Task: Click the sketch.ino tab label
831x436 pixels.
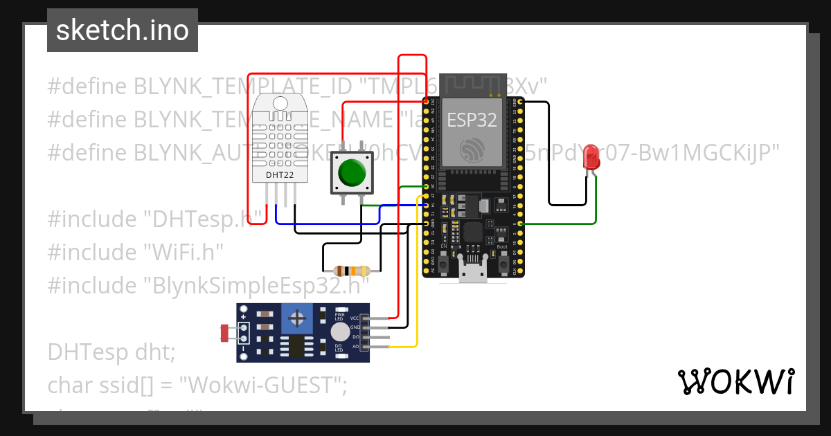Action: pos(122,30)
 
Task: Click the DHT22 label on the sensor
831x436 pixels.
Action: pos(279,176)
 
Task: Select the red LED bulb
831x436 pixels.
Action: pos(591,156)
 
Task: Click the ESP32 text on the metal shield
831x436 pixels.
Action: pos(472,120)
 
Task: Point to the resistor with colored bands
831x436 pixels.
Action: pos(351,271)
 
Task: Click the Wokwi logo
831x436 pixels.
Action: pos(735,382)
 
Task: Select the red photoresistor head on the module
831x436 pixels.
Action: pos(224,333)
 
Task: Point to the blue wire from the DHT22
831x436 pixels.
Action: pos(325,224)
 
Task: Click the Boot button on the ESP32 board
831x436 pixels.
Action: pos(503,265)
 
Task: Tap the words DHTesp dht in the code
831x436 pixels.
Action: pos(111,352)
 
